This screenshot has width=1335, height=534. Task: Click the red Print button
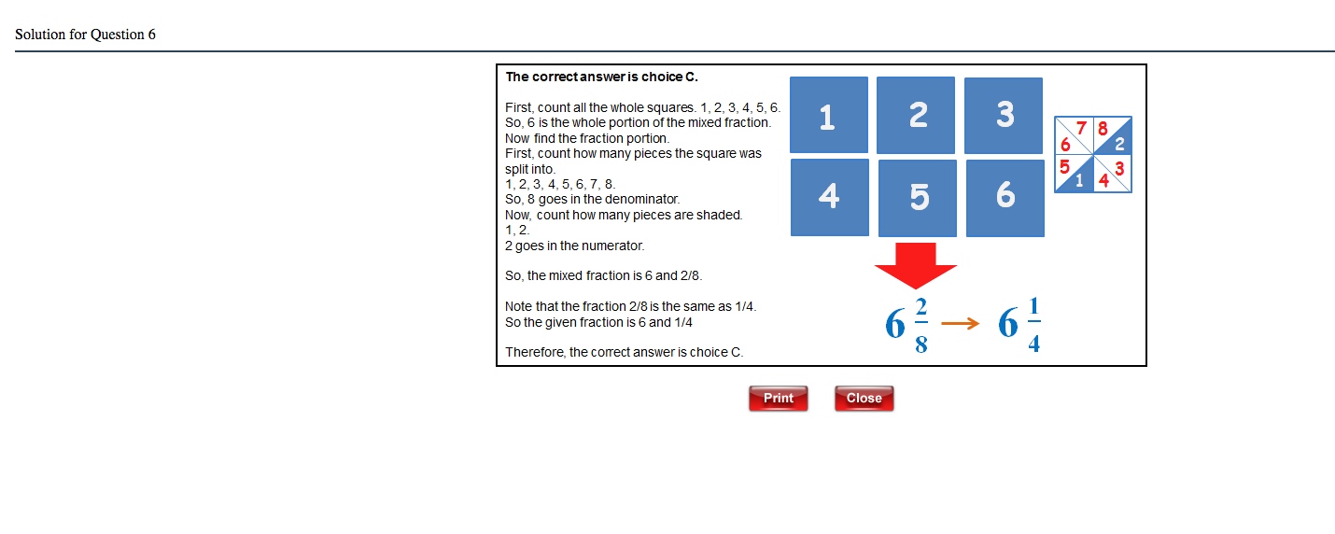[778, 399]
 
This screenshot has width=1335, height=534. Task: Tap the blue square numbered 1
[829, 115]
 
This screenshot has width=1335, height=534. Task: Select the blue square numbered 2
[916, 115]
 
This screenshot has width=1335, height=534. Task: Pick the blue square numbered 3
[1004, 115]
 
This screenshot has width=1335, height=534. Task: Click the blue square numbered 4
[829, 197]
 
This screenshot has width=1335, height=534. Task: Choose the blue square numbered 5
[918, 198]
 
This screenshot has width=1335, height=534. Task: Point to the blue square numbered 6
[1005, 197]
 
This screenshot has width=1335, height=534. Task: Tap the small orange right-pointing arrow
[961, 324]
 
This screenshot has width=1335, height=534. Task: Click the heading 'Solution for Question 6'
[85, 35]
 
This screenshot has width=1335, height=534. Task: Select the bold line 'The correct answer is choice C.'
[601, 77]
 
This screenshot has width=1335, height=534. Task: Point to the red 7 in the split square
[1082, 128]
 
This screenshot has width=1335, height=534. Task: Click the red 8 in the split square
[1103, 129]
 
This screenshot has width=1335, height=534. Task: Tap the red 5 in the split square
[1064, 167]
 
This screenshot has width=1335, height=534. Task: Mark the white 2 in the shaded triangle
[1119, 144]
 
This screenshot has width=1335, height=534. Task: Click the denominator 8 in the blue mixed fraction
[921, 344]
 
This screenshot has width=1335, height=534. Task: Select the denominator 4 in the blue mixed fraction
[1033, 344]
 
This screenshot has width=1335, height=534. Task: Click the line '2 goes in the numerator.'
[574, 246]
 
